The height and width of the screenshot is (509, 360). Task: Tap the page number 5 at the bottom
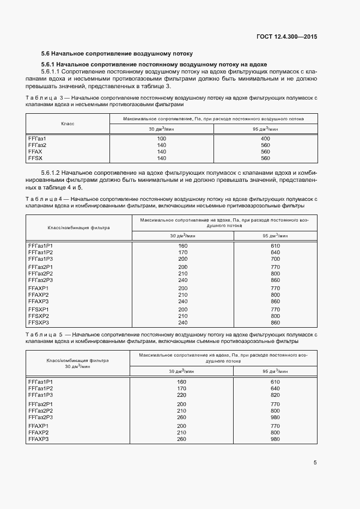315,463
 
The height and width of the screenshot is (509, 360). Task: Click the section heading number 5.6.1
49,64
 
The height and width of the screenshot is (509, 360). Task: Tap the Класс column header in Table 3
68,124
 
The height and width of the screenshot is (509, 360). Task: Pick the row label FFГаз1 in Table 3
37,139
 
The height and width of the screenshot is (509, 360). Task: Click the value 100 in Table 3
162,139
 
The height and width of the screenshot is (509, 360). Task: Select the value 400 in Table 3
266,139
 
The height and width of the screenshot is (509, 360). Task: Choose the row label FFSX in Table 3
35,158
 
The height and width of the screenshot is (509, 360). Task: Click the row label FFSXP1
38,309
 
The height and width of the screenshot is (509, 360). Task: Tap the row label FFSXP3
38,322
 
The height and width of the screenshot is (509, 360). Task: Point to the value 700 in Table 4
275,259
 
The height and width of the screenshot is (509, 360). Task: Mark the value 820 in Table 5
275,395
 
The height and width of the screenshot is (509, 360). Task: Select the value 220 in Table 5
182,395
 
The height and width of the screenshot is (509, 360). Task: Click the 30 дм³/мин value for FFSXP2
182,316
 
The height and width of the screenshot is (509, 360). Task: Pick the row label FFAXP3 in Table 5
38,439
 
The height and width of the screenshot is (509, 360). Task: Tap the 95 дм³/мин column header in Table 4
275,236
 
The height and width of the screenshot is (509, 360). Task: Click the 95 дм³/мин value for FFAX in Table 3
266,152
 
